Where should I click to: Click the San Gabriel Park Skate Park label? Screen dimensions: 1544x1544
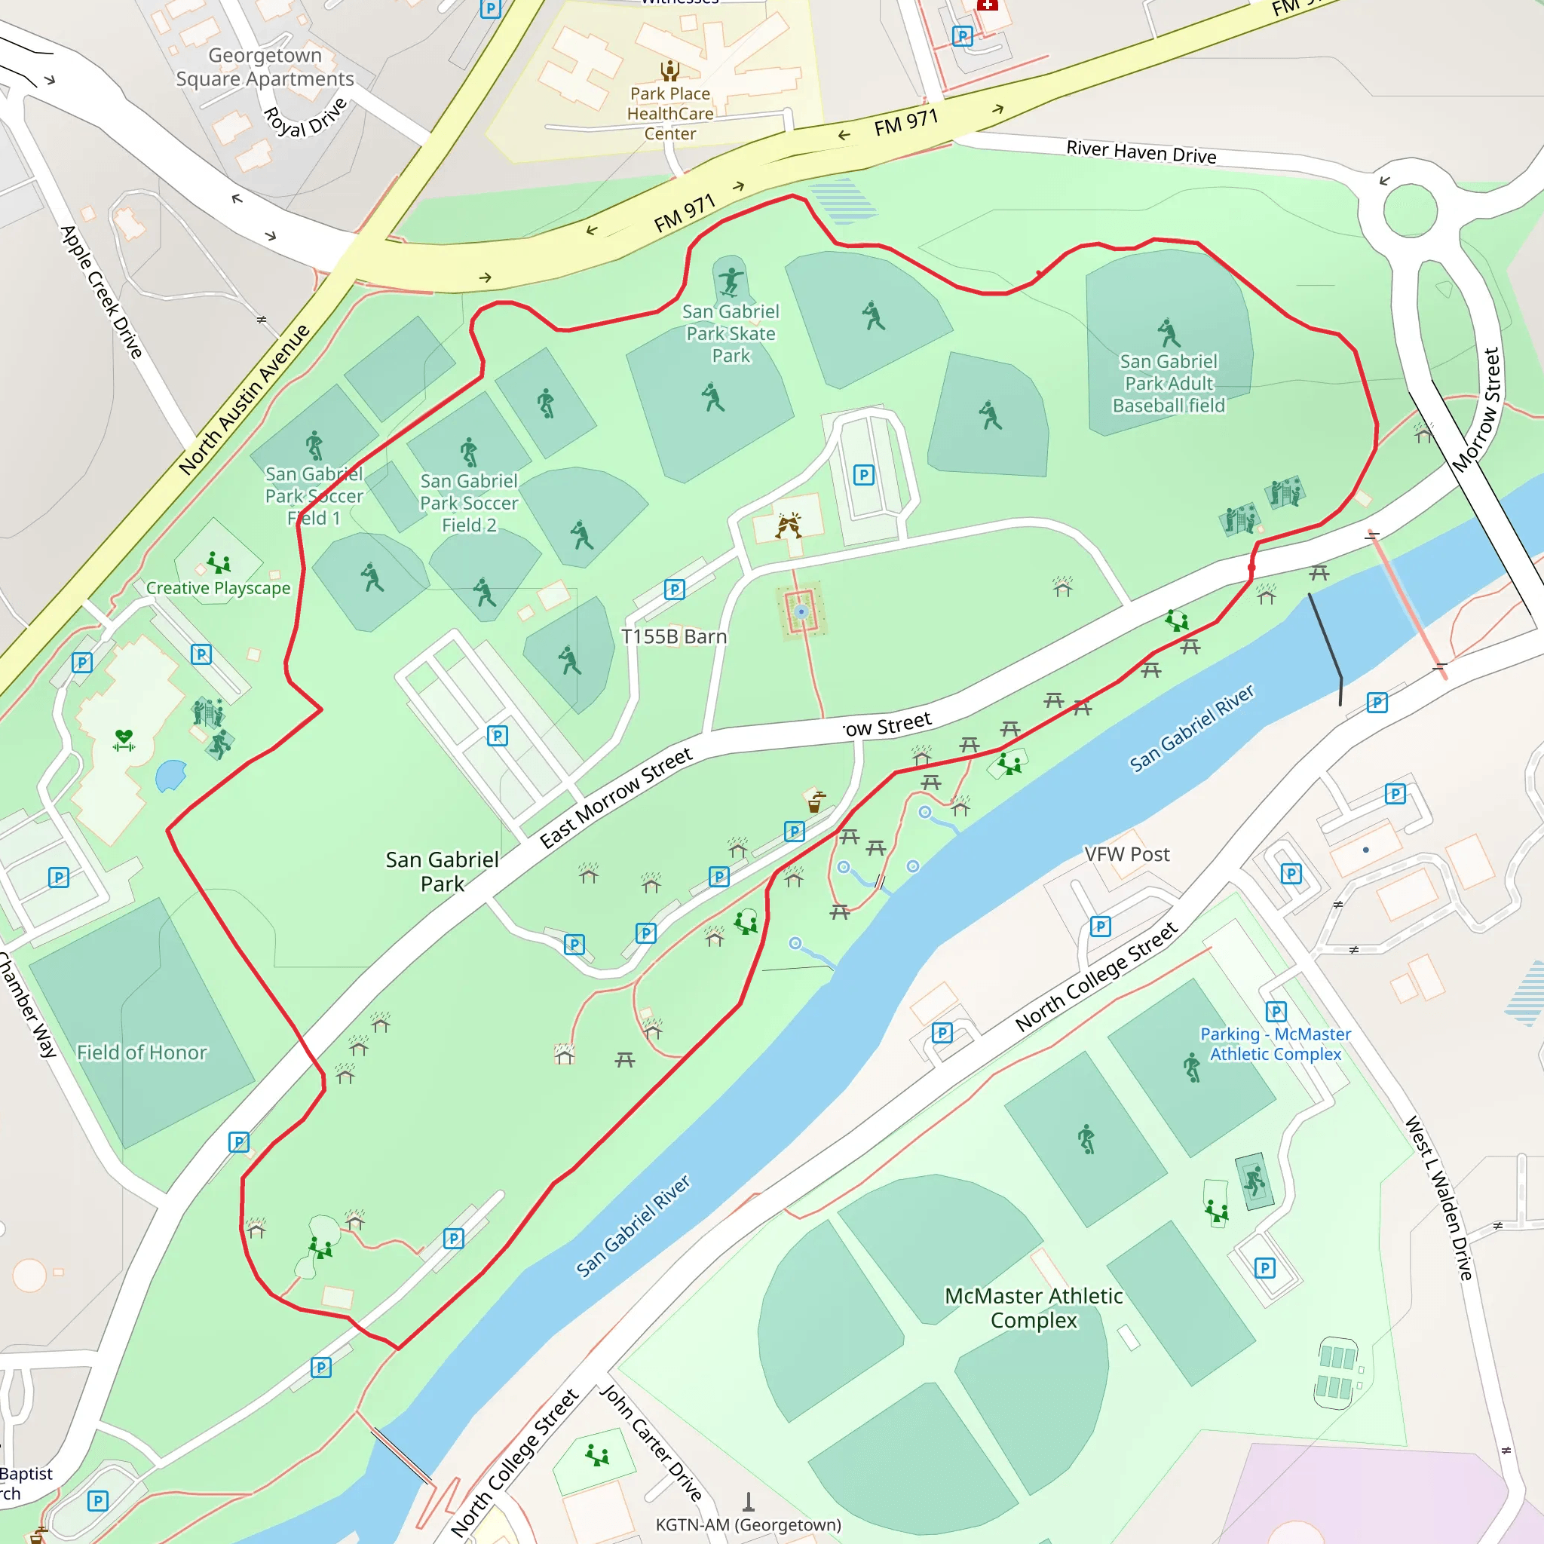[731, 333]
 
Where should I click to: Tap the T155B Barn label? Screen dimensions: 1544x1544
[674, 637]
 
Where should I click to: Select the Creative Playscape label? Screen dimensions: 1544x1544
[218, 588]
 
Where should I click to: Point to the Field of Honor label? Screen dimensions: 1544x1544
[142, 1052]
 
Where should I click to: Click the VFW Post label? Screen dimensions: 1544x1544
[1126, 854]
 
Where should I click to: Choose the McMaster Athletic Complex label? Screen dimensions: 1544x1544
[1034, 1307]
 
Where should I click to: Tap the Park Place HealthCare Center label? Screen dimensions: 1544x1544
[669, 114]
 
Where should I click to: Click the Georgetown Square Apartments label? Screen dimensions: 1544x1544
[265, 67]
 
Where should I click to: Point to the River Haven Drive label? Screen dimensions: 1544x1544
[1141, 152]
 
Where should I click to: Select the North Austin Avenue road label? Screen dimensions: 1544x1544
[243, 400]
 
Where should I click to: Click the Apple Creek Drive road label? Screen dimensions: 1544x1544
[102, 292]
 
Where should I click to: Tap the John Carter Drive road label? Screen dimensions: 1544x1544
[651, 1443]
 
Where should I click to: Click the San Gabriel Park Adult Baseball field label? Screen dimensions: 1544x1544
[1168, 384]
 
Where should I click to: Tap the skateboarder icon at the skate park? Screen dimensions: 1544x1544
[731, 281]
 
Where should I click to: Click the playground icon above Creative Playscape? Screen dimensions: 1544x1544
[217, 562]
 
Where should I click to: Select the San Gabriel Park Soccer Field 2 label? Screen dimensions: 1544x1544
[469, 503]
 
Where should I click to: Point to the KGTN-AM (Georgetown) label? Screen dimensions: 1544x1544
[748, 1525]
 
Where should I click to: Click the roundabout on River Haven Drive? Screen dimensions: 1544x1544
[1410, 212]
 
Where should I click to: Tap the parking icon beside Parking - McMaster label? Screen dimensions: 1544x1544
[1276, 1012]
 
